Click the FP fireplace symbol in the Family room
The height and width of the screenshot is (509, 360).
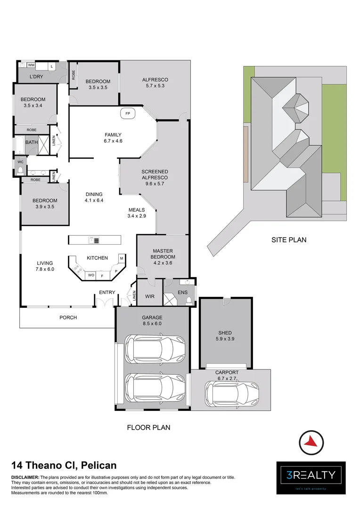(x=128, y=113)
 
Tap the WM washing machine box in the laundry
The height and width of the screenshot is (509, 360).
(x=31, y=65)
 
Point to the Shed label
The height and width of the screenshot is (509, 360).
(x=225, y=332)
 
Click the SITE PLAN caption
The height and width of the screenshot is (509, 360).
(x=288, y=239)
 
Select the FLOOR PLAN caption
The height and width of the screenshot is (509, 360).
(x=148, y=427)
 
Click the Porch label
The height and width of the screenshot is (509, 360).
(x=68, y=318)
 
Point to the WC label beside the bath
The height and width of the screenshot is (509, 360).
(x=20, y=162)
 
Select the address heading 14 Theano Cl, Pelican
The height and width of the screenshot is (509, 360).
(x=64, y=466)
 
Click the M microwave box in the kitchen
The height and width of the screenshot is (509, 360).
(x=121, y=258)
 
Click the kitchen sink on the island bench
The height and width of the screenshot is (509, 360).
(x=94, y=240)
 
